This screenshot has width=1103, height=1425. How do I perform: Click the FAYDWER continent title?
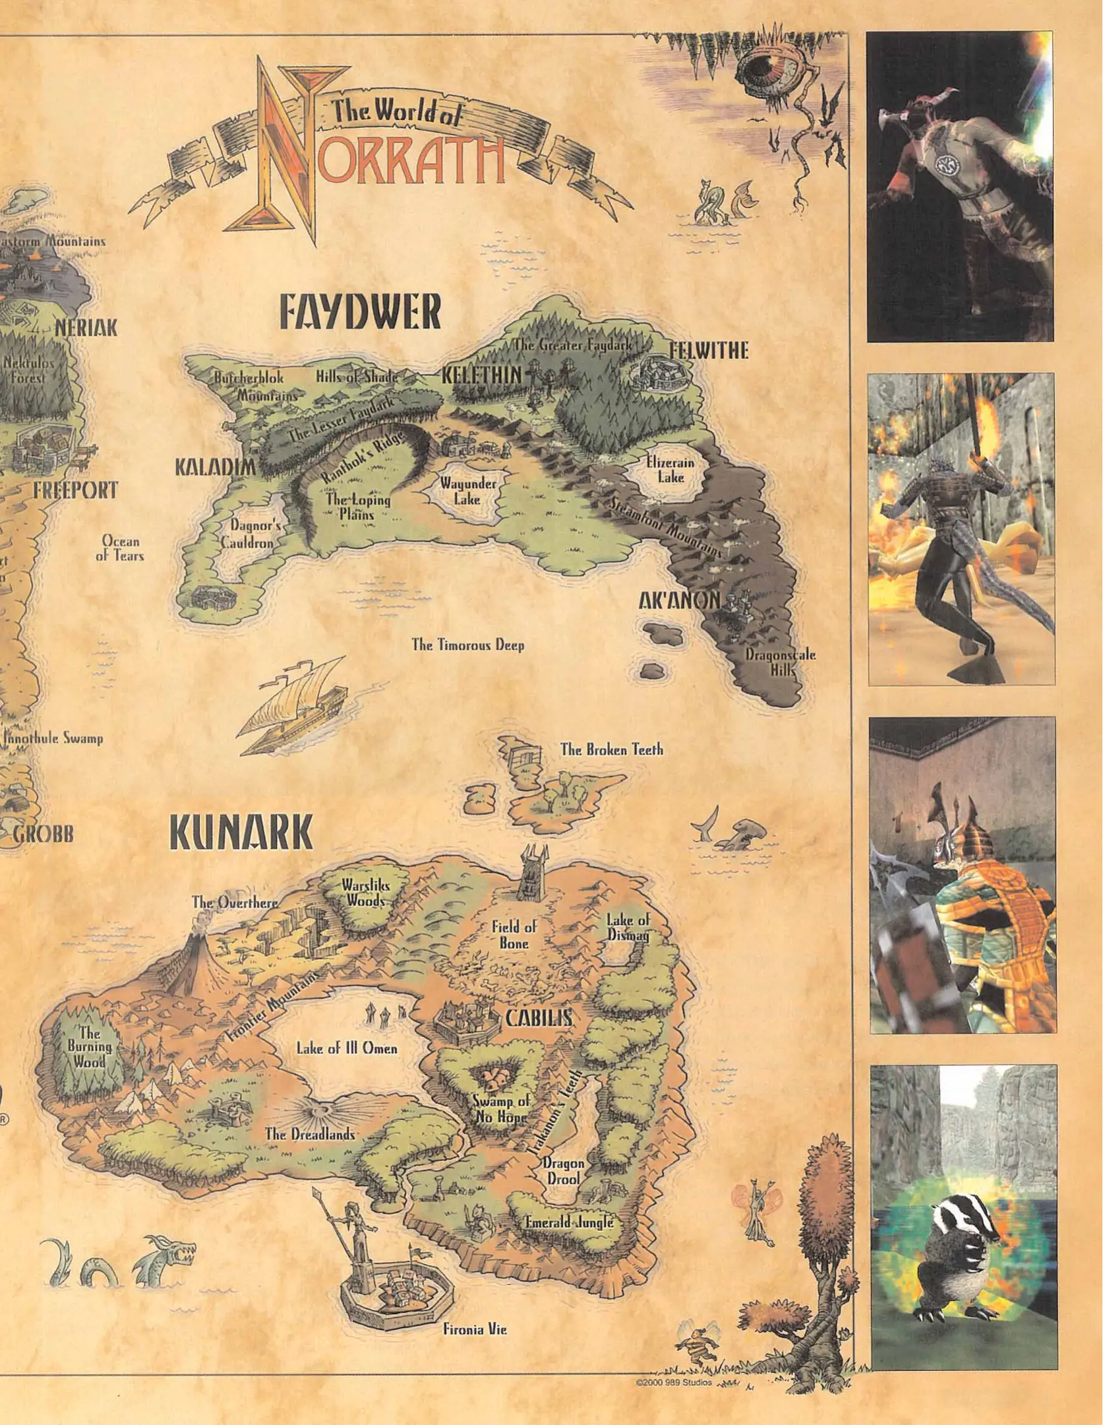pyautogui.click(x=359, y=313)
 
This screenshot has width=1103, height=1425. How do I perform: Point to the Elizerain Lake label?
pyautogui.click(x=669, y=470)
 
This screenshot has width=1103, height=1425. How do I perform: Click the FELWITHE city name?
pyautogui.click(x=709, y=350)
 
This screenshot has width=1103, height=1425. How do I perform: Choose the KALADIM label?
pyautogui.click(x=214, y=468)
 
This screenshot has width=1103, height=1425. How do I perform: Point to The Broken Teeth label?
pyautogui.click(x=611, y=749)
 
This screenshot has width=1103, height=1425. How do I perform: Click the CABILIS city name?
pyautogui.click(x=538, y=1018)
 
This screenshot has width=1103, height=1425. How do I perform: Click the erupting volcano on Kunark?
pyautogui.click(x=187, y=963)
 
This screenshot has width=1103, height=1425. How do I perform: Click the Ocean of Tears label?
pyautogui.click(x=120, y=548)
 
